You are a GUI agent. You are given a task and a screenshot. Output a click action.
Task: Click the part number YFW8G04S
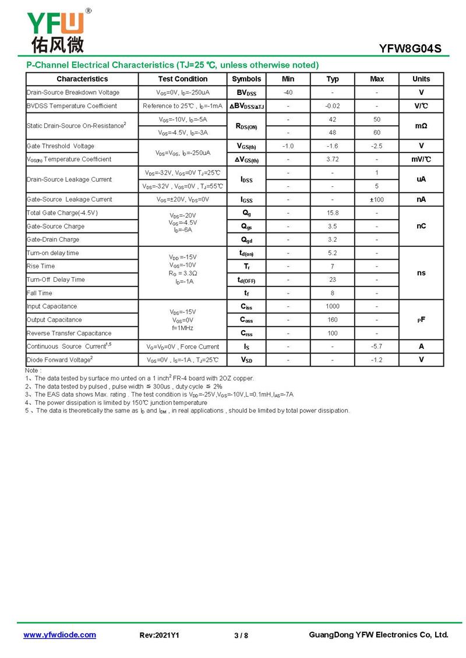tap(410, 49)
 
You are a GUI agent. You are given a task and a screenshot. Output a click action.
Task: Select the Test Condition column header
tap(182, 79)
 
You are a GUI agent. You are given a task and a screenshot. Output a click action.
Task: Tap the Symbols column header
tap(246, 79)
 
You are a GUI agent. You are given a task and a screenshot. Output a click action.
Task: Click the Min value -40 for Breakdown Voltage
tap(288, 93)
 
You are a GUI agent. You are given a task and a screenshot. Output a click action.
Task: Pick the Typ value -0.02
tap(333, 106)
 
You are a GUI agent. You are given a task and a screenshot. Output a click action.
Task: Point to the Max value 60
tap(377, 133)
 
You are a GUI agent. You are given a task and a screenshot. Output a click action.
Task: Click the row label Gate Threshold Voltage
tap(61, 146)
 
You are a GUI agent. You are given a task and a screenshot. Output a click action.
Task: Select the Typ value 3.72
tap(333, 160)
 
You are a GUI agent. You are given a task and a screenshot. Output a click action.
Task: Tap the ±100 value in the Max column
tap(377, 200)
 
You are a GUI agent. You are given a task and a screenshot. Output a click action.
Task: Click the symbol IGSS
tap(246, 200)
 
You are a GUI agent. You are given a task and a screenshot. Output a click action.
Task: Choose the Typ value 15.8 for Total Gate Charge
tap(333, 213)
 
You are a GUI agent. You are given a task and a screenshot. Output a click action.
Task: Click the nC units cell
tap(421, 226)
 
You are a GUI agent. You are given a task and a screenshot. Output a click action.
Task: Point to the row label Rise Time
tap(41, 266)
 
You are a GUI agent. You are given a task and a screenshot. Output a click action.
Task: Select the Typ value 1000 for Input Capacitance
tap(333, 306)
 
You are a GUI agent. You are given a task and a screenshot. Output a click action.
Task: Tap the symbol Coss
tap(246, 320)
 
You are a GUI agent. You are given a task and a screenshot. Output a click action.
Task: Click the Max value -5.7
tap(377, 346)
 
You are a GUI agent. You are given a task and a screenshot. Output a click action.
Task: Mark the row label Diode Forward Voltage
tap(59, 360)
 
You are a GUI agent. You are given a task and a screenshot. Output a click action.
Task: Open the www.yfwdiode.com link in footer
tap(59, 635)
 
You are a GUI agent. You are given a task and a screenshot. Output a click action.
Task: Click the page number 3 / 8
tap(241, 635)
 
